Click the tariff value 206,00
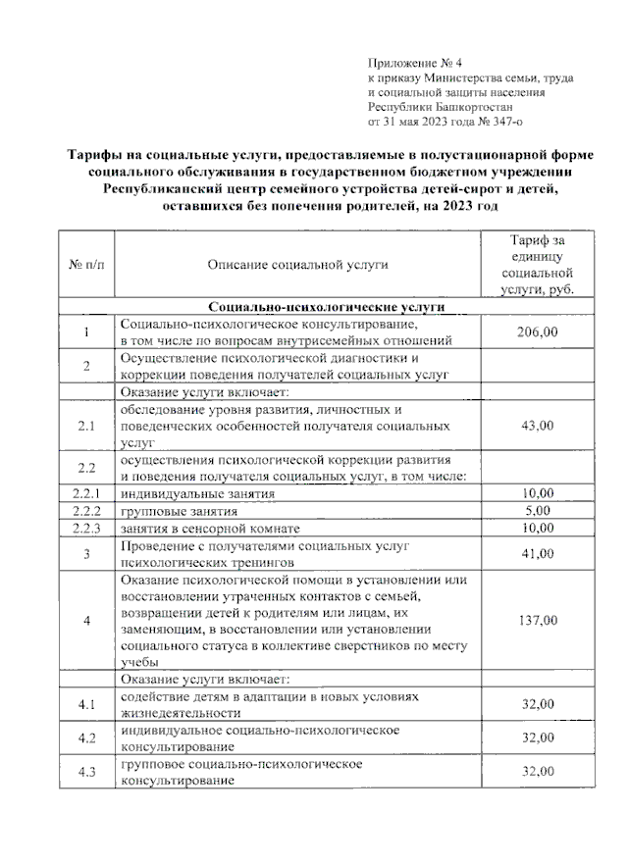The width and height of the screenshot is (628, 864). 537,332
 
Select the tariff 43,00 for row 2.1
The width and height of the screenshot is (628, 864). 537,426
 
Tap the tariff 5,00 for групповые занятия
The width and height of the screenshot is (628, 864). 537,510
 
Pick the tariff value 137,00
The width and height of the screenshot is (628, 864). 537,620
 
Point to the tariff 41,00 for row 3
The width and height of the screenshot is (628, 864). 537,553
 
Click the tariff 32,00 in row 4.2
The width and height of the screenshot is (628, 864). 537,737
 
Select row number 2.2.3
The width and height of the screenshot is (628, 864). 86,528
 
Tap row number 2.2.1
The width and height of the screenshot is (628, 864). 86,493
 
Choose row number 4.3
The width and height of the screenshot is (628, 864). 86,772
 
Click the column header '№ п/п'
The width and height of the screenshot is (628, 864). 86,264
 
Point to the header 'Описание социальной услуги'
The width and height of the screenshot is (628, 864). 296,264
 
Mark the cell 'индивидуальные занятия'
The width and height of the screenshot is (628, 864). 190,493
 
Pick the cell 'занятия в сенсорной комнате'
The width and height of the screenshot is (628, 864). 207,528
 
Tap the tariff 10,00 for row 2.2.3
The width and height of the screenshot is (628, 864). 537,528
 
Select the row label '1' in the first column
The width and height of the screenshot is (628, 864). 86,332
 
